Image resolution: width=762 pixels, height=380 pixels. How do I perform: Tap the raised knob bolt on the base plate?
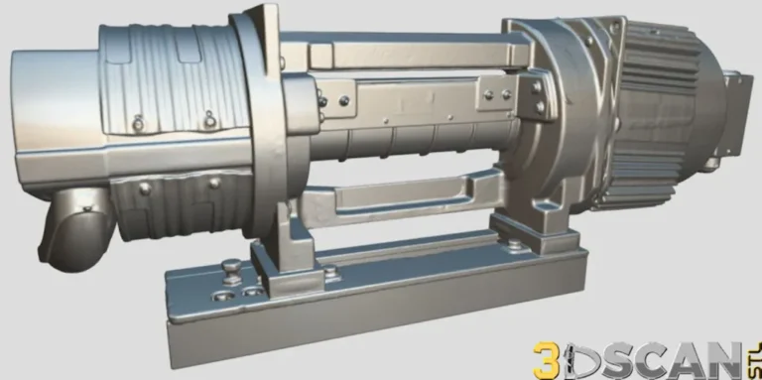coord(230,267)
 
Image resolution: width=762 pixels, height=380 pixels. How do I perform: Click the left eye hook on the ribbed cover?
coord(138,122)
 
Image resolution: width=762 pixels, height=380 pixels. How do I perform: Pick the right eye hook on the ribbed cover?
coord(211,118)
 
